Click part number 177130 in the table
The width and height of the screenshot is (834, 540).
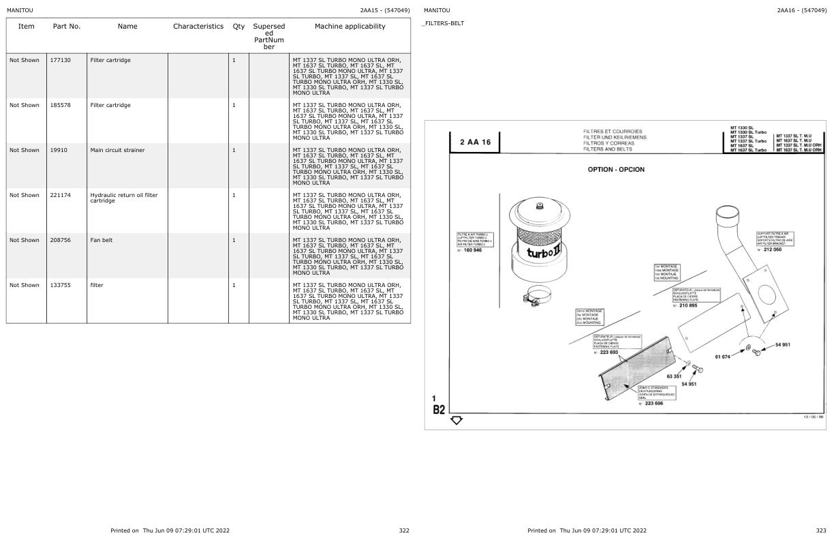point(60,61)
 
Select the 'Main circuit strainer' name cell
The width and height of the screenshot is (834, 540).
point(117,151)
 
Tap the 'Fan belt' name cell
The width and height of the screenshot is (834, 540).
point(102,241)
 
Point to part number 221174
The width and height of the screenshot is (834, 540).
point(60,196)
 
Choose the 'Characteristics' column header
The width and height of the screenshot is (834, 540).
point(198,27)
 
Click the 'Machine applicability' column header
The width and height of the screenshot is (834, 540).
point(350,27)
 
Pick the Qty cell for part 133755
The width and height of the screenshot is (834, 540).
point(234,286)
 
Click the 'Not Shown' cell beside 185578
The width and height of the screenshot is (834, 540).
point(25,106)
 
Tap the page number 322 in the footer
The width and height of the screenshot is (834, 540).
point(404,530)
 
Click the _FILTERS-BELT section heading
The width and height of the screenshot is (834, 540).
point(444,23)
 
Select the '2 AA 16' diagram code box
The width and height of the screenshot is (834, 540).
point(475,142)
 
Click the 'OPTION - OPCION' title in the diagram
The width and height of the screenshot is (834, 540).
point(616,169)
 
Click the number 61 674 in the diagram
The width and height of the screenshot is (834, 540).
point(722,357)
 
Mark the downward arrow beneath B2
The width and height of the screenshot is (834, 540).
point(457,420)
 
